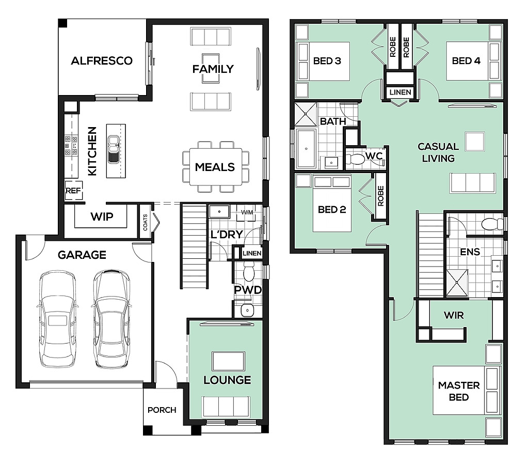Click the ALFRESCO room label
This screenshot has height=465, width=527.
coord(102,60)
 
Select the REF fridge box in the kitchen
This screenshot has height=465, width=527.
coord(73,191)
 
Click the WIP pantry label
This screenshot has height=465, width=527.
coord(102,216)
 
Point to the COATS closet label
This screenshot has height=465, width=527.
coord(145,222)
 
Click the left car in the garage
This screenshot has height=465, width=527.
coord(57,319)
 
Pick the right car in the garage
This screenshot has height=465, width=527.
coord(111,319)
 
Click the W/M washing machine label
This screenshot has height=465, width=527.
coord(247,213)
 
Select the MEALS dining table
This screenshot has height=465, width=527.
coord(215,167)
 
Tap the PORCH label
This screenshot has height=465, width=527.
coord(162,410)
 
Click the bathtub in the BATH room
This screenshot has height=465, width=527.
coord(306,148)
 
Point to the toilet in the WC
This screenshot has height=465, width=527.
coord(355,159)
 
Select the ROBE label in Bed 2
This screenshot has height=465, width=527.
coord(380,196)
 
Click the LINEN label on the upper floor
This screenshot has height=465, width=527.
coord(401,92)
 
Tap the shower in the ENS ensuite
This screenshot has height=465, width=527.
coord(457,283)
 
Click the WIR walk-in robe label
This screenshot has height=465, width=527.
coord(454,315)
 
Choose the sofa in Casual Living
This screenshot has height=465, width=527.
coord(473,183)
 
